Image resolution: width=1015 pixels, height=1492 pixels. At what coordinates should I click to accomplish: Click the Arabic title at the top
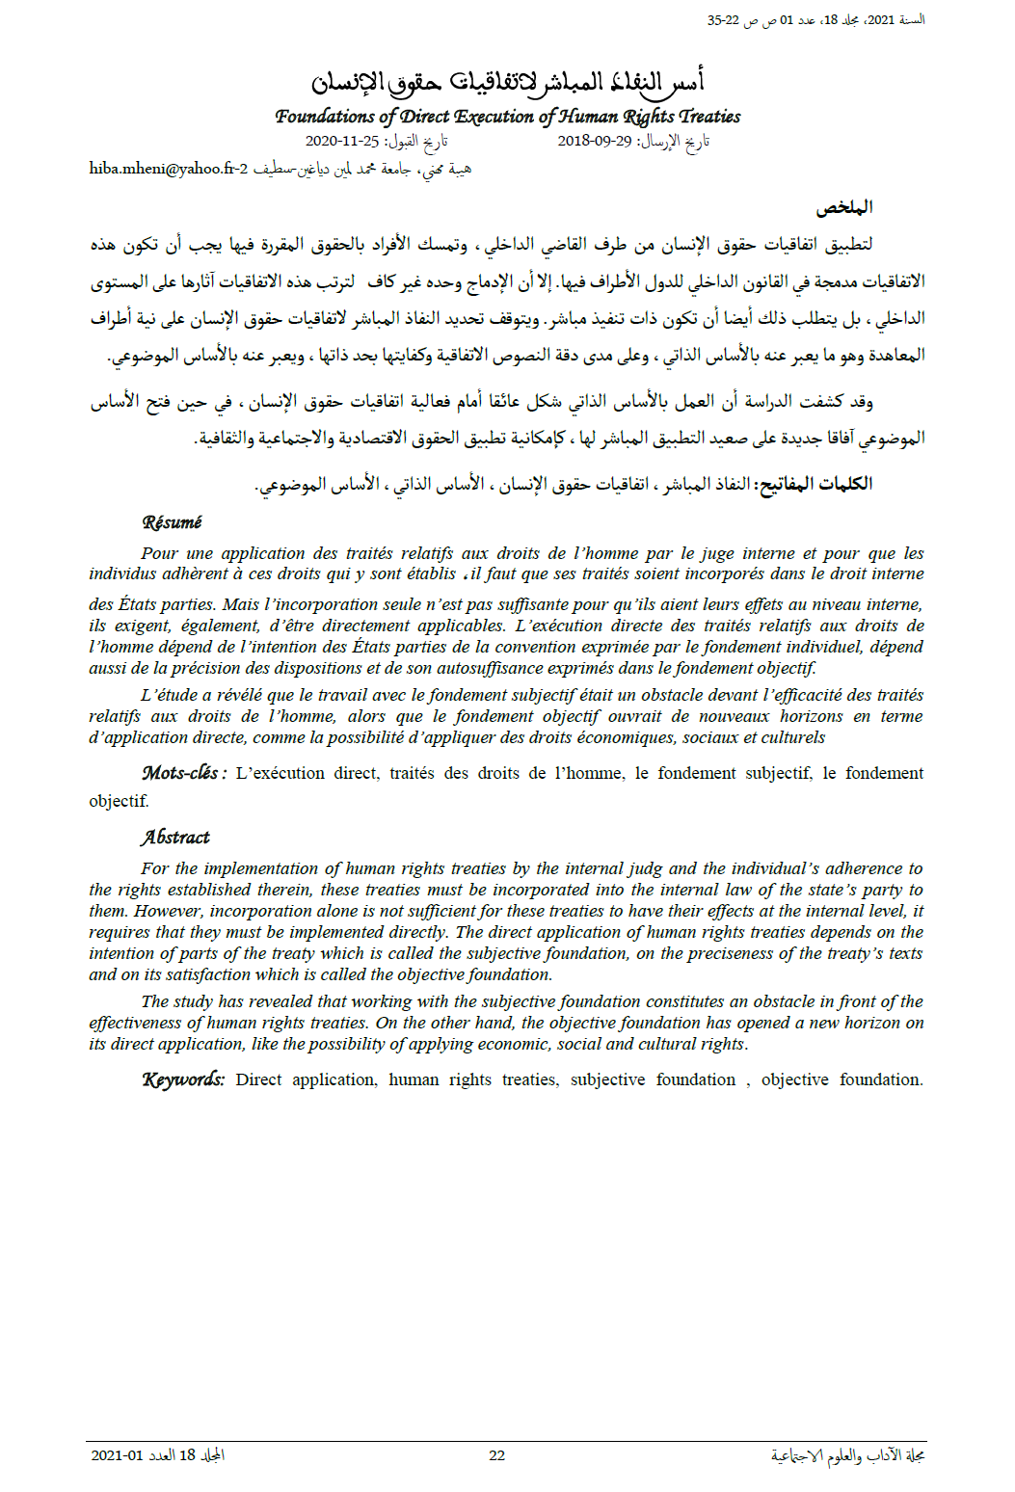[507, 83]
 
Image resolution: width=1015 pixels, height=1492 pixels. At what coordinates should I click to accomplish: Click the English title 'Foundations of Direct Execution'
[507, 117]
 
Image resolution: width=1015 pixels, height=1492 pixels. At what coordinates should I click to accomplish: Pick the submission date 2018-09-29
[595, 141]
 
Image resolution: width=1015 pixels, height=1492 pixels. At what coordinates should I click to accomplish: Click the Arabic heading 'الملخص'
[844, 207]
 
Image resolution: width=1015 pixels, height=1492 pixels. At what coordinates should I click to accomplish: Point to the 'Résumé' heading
[172, 522]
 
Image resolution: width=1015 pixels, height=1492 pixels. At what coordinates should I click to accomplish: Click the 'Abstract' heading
[174, 838]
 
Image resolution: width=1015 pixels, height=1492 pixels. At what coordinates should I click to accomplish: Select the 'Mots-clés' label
[183, 773]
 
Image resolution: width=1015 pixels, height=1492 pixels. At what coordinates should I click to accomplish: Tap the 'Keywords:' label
[183, 1079]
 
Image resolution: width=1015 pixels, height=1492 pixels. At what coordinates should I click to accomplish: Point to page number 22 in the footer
[496, 1455]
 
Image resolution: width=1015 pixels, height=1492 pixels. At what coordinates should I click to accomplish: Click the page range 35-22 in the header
[723, 19]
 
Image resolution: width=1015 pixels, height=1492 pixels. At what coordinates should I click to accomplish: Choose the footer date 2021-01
[117, 1455]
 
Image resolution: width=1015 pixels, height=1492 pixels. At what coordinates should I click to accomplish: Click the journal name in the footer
[847, 1455]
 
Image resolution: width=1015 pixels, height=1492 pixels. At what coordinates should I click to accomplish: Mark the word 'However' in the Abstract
[169, 911]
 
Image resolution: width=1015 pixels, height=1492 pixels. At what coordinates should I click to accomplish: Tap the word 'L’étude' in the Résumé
[170, 695]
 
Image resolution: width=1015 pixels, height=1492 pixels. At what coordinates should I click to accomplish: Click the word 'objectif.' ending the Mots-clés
[119, 801]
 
